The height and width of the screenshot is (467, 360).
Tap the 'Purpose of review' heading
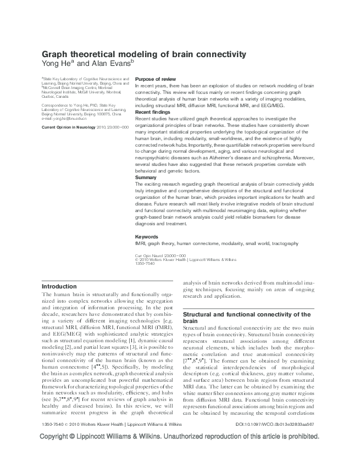(156, 79)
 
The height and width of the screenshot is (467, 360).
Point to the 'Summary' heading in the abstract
(146, 177)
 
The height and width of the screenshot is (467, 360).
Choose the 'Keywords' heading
(147, 236)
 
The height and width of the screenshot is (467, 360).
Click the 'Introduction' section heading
(59, 286)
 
